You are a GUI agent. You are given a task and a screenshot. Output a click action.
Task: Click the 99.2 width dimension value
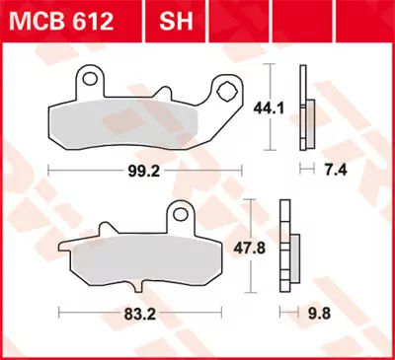137,171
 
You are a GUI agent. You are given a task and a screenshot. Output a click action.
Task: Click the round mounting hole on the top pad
92,76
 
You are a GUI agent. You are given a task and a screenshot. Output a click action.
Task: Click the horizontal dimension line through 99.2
79,171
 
